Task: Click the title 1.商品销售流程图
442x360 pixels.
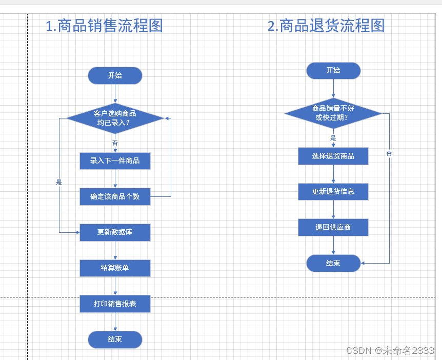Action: [x=104, y=26]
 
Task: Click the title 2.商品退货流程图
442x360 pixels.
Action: [x=326, y=26]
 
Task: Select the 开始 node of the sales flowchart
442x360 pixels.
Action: [x=115, y=75]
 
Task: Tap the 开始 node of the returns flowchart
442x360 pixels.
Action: [x=333, y=71]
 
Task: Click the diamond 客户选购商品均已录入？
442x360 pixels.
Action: [x=115, y=118]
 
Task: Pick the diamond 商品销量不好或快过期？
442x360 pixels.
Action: [x=333, y=113]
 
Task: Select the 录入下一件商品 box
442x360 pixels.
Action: [x=115, y=161]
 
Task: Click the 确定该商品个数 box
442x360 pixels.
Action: [x=115, y=196]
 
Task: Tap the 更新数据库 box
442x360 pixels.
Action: [x=115, y=232]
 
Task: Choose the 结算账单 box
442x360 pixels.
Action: [x=115, y=268]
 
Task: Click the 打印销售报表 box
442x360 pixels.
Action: [x=115, y=304]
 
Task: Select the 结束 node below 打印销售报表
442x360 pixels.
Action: [x=115, y=339]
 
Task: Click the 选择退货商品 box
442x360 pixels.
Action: [x=333, y=156]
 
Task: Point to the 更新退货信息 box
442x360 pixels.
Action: [x=333, y=192]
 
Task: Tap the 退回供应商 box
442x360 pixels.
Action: [x=333, y=227]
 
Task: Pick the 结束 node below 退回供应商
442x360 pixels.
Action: [x=333, y=263]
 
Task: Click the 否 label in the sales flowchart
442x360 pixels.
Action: [x=115, y=143]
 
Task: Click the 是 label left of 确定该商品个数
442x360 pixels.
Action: [x=58, y=182]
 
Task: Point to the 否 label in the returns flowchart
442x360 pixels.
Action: [x=389, y=153]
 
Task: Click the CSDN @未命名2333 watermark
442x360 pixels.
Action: [x=390, y=350]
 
